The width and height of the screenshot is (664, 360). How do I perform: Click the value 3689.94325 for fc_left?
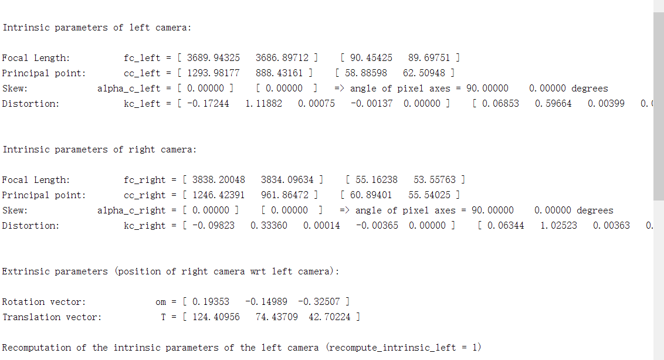[x=214, y=58]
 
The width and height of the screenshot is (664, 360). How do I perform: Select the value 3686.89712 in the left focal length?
[x=282, y=58]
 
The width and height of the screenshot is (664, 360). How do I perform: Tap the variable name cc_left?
[x=141, y=73]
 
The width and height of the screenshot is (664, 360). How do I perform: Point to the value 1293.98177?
[x=214, y=73]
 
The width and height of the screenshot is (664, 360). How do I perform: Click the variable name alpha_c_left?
[x=128, y=89]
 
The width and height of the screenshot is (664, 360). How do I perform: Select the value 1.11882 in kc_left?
[x=263, y=104]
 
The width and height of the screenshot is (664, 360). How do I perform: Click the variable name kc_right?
[x=144, y=226]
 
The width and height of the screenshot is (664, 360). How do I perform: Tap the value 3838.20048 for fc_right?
[x=219, y=180]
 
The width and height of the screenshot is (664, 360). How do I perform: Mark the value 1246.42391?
[x=219, y=195]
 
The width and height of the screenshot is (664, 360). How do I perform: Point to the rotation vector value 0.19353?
[x=211, y=302]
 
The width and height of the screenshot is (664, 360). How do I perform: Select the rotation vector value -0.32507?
[x=319, y=302]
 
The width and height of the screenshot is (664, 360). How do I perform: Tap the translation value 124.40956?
[x=216, y=317]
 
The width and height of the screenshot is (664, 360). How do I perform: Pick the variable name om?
[x=161, y=302]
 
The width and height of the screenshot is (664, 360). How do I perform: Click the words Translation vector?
[x=52, y=317]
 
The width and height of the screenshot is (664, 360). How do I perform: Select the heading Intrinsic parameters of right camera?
[x=100, y=150]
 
